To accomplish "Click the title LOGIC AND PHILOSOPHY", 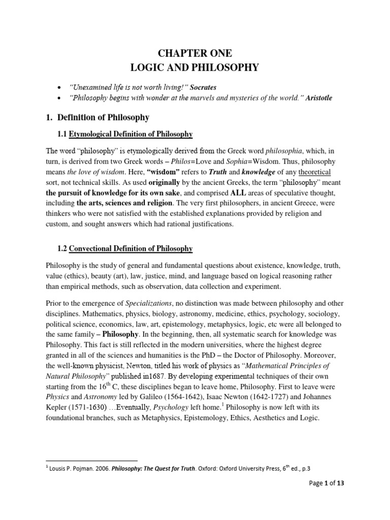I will coord(195,68).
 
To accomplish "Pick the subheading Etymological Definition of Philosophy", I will coord(131,134).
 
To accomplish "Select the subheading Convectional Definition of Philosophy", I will coord(131,248).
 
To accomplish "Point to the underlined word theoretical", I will coord(318,174).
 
